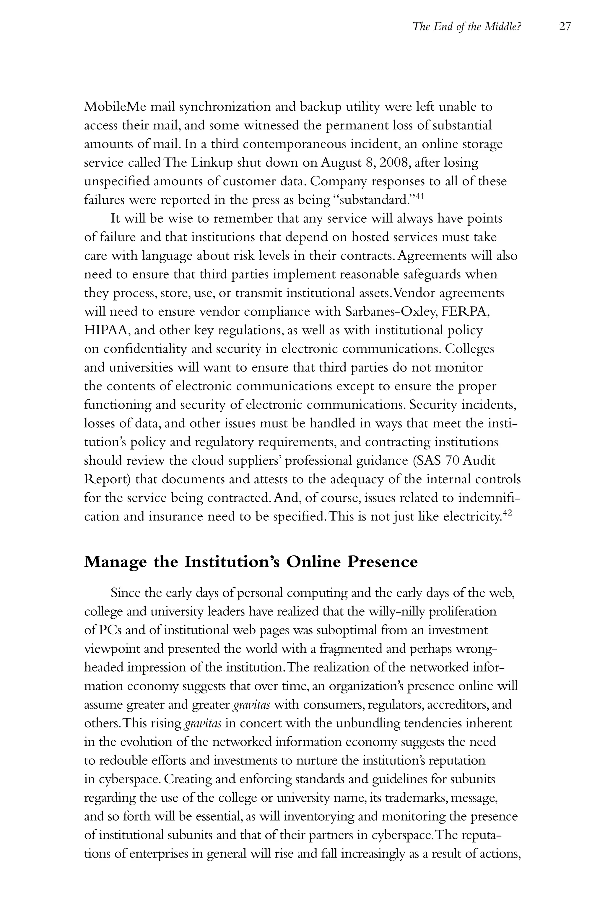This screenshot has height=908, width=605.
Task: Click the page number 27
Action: tap(565, 27)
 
